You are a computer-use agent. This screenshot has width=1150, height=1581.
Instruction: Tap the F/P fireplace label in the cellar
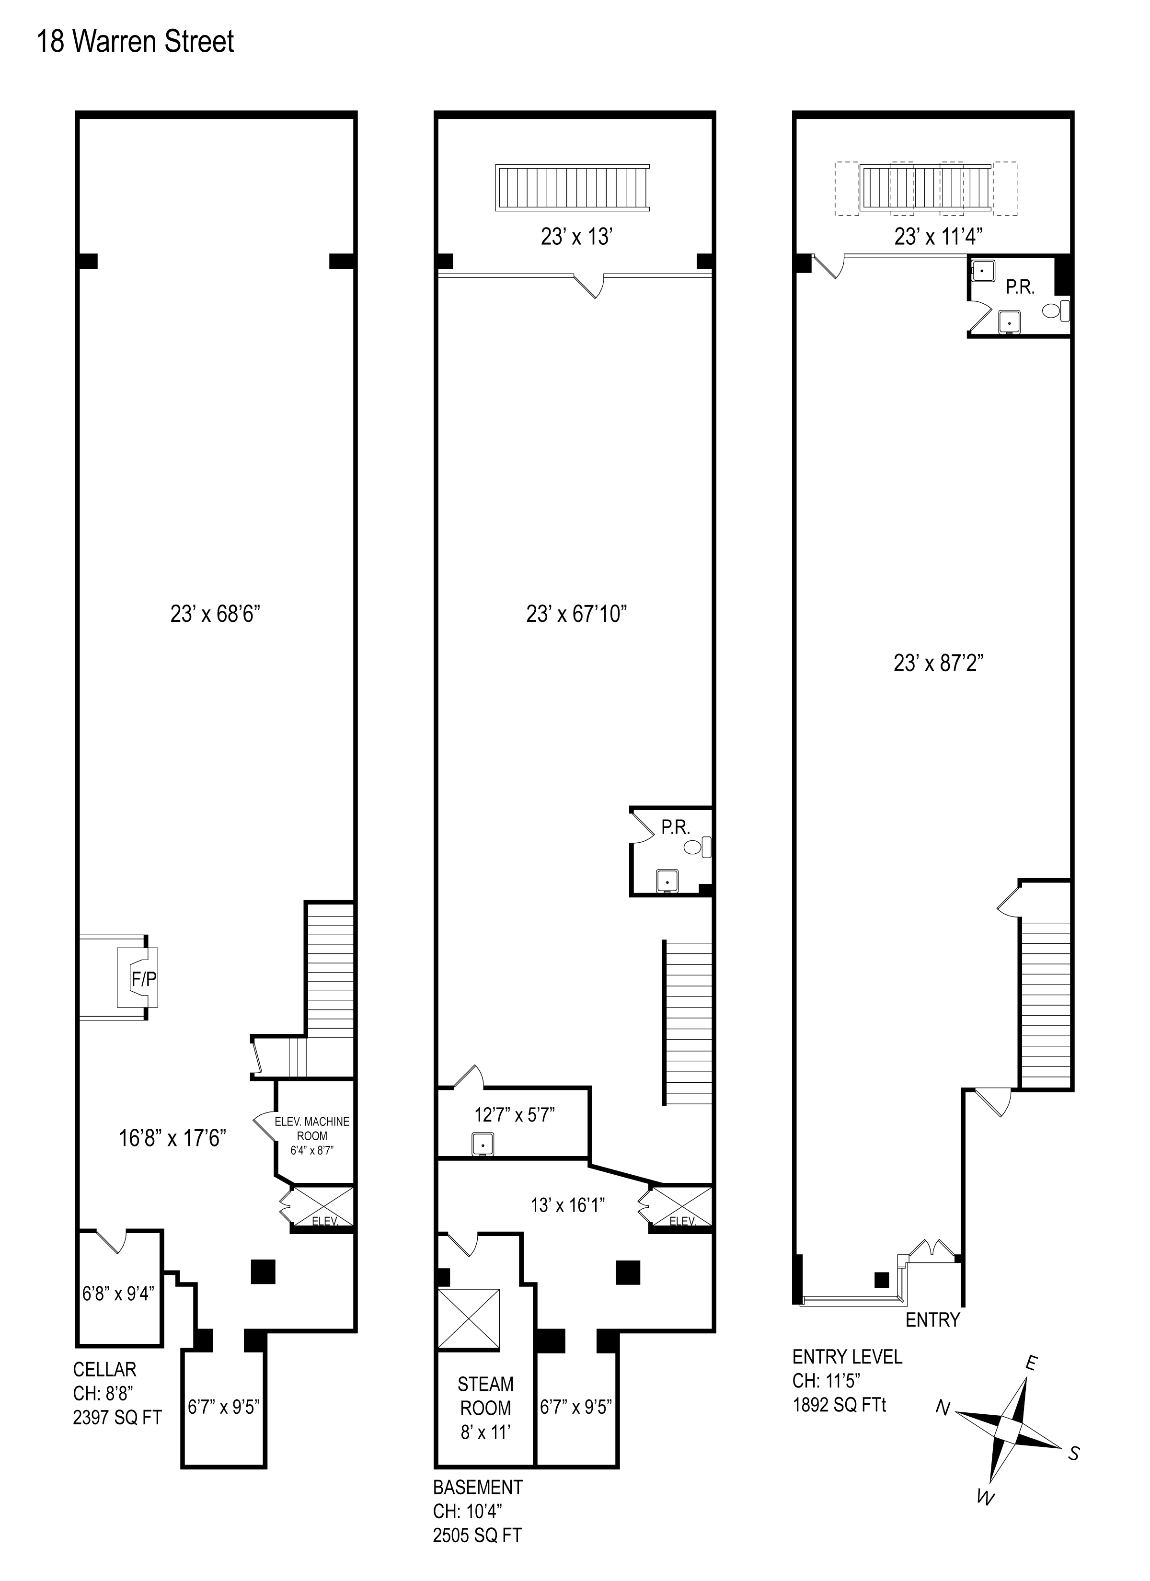coord(144,979)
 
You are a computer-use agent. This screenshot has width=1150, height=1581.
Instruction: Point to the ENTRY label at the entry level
coord(932,1319)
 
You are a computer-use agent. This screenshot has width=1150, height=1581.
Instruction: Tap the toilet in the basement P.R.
coord(697,848)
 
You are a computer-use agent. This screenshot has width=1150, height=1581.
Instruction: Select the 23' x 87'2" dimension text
coord(938,663)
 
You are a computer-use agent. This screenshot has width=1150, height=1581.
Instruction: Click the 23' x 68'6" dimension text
coord(215,614)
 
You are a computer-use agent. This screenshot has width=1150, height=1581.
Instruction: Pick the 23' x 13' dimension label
coord(576,238)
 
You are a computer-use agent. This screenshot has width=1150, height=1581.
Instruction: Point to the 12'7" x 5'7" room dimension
coord(514,1114)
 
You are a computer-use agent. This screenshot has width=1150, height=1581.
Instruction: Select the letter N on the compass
coord(943,1409)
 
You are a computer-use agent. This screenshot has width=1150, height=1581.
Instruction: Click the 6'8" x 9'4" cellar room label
coord(118,1293)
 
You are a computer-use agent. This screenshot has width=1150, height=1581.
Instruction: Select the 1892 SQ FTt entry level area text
coord(839,1405)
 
